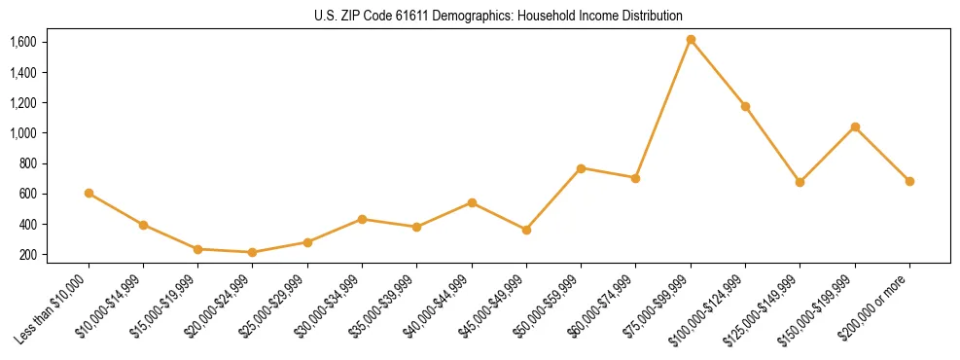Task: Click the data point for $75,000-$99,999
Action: [x=691, y=40]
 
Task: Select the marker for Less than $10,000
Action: [x=89, y=193]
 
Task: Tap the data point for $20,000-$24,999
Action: [x=253, y=252]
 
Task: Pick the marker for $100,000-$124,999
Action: [x=745, y=106]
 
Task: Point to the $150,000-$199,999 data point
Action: [x=855, y=126]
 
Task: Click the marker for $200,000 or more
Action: [x=909, y=181]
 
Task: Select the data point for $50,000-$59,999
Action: [x=581, y=168]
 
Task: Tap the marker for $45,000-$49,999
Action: [x=526, y=230]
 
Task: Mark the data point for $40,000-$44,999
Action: [x=472, y=202]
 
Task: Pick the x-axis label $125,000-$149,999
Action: [x=766, y=306]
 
